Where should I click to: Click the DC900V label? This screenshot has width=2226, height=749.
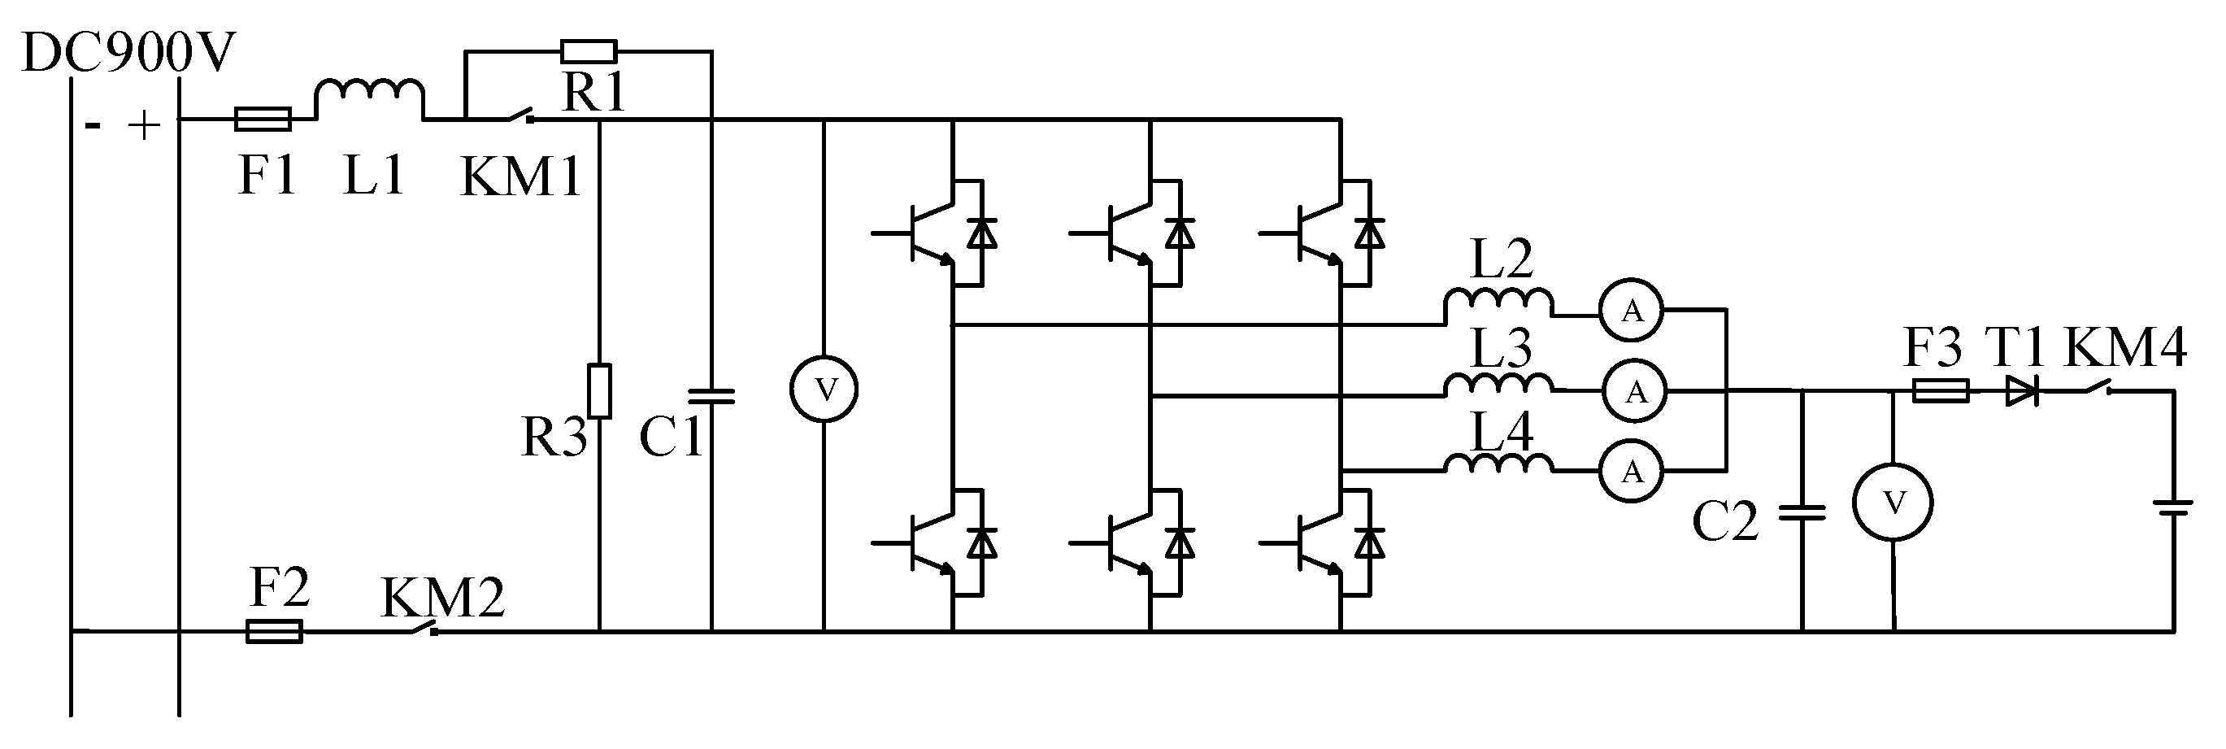(x=128, y=54)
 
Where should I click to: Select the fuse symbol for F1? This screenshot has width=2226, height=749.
(x=263, y=120)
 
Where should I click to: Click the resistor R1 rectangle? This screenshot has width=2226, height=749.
(x=589, y=52)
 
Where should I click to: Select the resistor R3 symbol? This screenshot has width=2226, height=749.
(x=599, y=391)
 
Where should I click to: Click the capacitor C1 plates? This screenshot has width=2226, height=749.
(x=711, y=397)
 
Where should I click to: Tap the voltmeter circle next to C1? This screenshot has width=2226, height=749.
(x=824, y=390)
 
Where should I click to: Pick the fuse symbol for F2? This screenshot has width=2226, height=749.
(x=275, y=632)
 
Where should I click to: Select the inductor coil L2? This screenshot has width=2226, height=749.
(x=1498, y=302)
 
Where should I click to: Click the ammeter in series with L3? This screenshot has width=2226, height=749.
(x=1636, y=392)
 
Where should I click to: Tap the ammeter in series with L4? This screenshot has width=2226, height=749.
(x=1631, y=471)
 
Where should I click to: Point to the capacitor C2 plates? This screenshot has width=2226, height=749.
(x=1802, y=513)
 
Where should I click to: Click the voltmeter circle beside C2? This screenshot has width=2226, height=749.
(x=1893, y=503)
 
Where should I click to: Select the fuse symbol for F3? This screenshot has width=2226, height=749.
(x=1941, y=391)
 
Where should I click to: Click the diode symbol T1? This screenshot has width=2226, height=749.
(x=2021, y=391)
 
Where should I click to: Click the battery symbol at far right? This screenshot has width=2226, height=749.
(x=2172, y=506)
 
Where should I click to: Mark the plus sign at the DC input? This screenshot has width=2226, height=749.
(x=145, y=126)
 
